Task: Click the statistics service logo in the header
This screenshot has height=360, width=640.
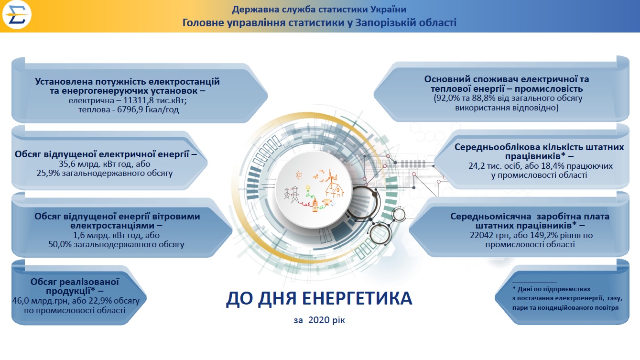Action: pos(17,14)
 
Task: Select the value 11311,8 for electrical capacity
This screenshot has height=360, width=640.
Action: pos(137,100)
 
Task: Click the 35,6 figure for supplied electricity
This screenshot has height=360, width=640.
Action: pos(66,164)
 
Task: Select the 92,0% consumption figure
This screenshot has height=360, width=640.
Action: pos(448,98)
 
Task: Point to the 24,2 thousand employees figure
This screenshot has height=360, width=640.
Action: pos(476,166)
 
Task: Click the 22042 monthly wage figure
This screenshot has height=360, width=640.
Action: pos(482,235)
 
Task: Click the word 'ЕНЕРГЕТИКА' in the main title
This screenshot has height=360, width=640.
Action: pos(357,298)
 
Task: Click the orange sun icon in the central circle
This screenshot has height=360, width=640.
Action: pos(299,175)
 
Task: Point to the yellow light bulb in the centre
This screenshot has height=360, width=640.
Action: pos(308,188)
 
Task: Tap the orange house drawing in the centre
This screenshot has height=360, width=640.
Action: pos(335,189)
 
